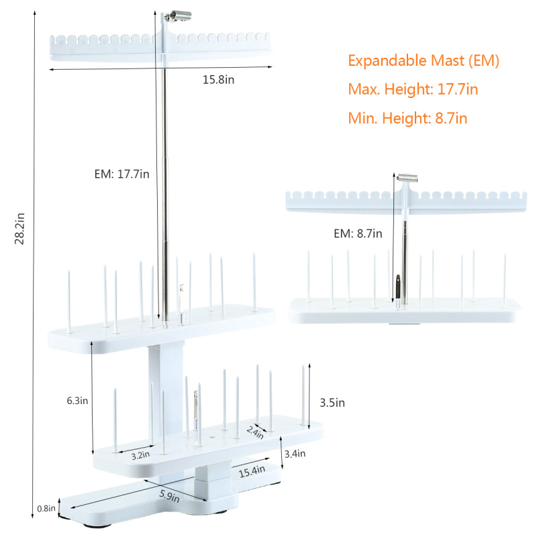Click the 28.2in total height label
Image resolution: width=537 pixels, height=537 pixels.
[19, 228]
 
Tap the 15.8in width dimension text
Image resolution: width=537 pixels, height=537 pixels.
[219, 80]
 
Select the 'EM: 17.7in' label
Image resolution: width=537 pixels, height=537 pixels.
[122, 174]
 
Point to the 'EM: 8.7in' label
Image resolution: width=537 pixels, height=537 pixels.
[358, 234]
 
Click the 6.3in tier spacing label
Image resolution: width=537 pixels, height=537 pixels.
[77, 401]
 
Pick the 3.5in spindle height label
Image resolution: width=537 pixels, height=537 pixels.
[332, 403]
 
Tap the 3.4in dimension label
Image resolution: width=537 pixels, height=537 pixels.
[295, 454]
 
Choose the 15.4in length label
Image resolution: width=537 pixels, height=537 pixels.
[252, 471]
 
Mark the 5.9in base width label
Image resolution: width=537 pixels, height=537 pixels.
[169, 495]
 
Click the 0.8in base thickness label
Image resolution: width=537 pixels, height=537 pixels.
[46, 508]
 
